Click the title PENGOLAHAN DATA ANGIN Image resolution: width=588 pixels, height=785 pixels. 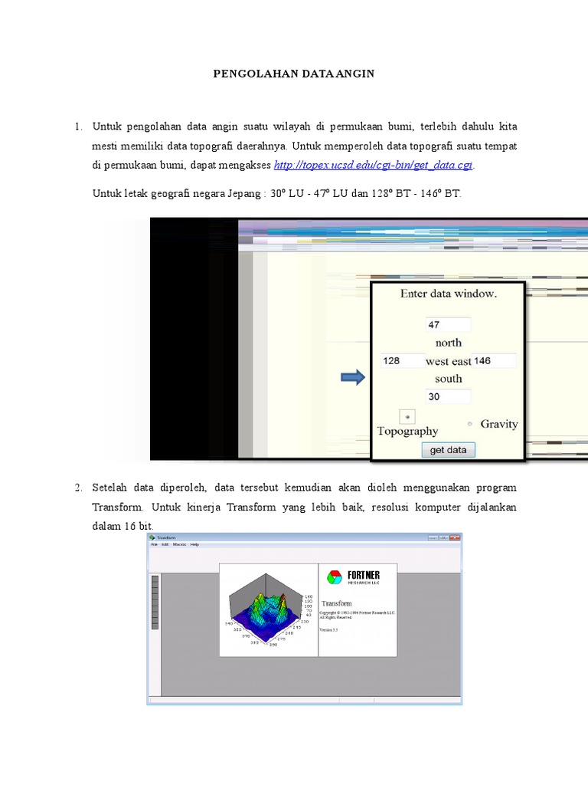tap(294, 74)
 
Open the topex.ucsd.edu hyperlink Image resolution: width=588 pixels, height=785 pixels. tap(373, 165)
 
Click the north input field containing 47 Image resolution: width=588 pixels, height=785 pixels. tap(448, 325)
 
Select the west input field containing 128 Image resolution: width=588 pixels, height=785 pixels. tap(401, 360)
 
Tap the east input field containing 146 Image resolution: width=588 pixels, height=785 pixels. tap(494, 360)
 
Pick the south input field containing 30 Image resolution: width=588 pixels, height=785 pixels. tap(448, 396)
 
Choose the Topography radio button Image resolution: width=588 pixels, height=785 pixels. tap(407, 416)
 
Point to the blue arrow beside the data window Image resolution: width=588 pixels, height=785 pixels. tap(353, 378)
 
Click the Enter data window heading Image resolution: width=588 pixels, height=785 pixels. tap(448, 294)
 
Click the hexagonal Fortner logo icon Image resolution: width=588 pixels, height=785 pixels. tap(335, 576)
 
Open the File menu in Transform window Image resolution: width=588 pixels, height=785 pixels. tap(154, 544)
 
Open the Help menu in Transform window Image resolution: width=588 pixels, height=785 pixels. tap(194, 544)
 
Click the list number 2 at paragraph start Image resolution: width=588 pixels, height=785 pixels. tap(78, 488)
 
